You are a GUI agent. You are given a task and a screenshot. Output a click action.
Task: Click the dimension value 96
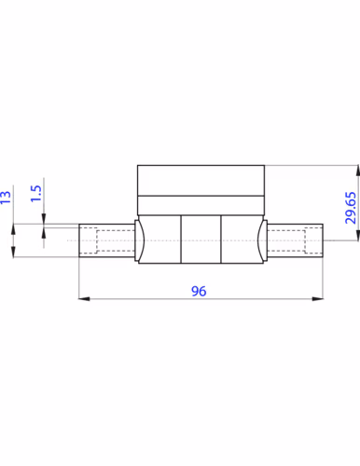tap(198, 291)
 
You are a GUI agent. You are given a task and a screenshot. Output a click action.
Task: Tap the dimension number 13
tap(7, 197)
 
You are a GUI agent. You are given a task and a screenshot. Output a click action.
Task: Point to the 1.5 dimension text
tap(35, 195)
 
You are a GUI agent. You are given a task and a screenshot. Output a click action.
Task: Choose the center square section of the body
tap(201, 240)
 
